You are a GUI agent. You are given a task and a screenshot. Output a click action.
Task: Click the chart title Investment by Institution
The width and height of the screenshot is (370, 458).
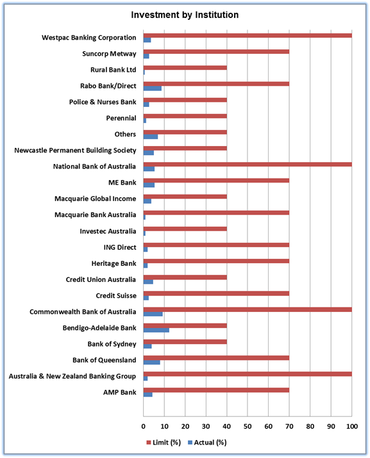185,15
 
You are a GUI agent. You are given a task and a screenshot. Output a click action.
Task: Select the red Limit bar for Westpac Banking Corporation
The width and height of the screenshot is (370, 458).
248,36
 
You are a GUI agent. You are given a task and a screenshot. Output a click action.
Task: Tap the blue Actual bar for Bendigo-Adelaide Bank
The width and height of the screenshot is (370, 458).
156,330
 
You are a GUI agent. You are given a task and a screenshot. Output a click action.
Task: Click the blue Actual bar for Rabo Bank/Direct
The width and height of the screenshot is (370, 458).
153,88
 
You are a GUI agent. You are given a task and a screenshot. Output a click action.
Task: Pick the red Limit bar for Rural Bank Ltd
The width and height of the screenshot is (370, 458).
185,68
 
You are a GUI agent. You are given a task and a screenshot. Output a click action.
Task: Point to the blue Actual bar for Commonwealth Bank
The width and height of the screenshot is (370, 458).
153,314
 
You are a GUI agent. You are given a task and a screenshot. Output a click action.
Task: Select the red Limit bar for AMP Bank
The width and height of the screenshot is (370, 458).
216,390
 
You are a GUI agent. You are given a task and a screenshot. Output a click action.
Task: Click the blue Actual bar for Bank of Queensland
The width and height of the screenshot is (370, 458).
151,363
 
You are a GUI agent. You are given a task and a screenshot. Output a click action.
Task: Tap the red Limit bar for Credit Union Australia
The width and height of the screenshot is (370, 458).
185,277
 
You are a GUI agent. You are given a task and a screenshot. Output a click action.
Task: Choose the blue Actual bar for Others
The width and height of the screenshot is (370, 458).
151,136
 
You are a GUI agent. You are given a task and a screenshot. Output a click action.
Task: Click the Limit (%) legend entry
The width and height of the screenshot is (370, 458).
164,442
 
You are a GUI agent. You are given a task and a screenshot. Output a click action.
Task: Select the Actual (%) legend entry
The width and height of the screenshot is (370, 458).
207,442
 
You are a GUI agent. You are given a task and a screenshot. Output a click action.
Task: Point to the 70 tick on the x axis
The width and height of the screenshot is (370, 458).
289,427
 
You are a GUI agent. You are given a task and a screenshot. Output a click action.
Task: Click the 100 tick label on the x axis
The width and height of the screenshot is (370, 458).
352,427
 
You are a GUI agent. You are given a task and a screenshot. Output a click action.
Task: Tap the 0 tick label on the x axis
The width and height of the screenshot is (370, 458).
144,427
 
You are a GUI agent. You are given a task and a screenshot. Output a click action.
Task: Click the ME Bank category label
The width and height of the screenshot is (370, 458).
122,183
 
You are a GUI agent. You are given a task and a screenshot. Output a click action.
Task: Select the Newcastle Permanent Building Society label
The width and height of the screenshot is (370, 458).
75,151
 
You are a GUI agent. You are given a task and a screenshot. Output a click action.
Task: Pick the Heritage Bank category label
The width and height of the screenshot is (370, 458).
114,263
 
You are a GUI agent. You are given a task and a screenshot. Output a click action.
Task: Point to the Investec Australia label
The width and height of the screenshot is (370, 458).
108,231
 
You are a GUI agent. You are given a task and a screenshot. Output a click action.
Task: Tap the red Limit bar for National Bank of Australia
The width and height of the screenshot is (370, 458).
248,165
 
